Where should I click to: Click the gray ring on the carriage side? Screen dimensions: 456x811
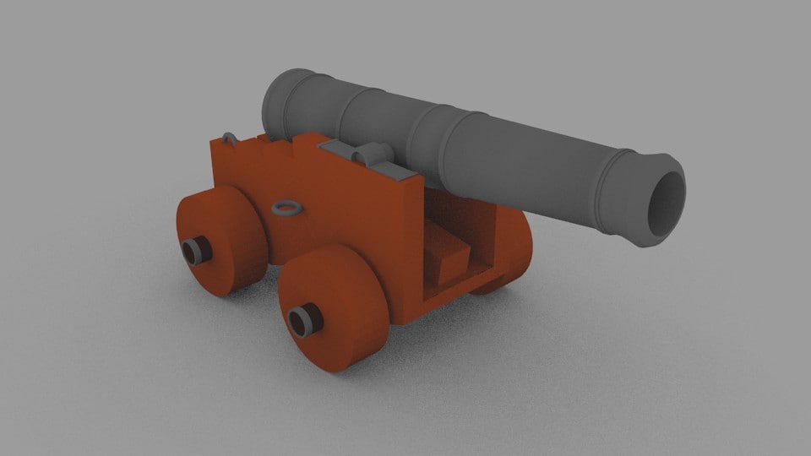[286, 207]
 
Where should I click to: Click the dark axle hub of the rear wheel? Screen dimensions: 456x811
[196, 249]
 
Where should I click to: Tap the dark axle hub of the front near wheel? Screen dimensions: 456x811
[302, 319]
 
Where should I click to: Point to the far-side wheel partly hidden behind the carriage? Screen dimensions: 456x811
[514, 253]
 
